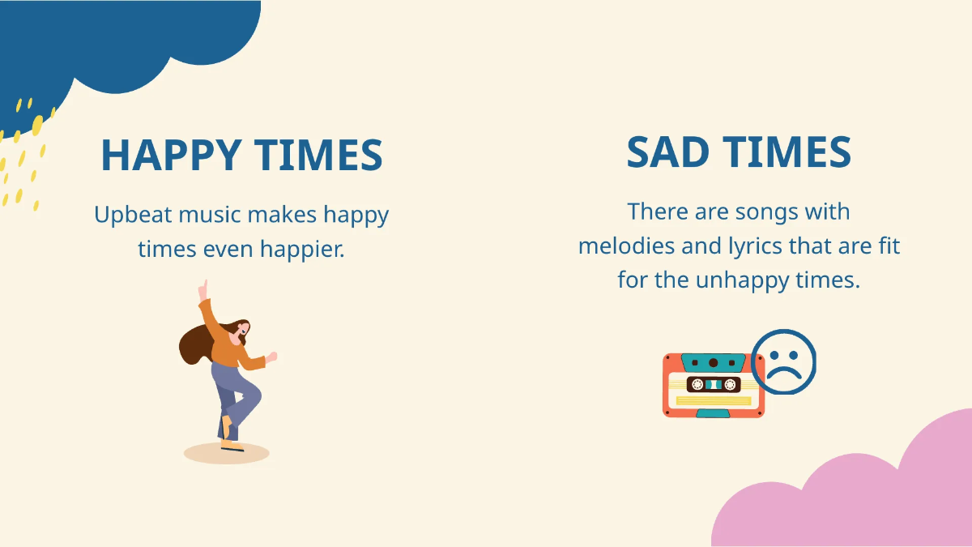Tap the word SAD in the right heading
667,152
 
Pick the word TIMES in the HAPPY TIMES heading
318,155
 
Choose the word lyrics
731,246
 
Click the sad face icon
783,361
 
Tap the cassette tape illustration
712,386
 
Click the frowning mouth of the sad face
783,372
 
